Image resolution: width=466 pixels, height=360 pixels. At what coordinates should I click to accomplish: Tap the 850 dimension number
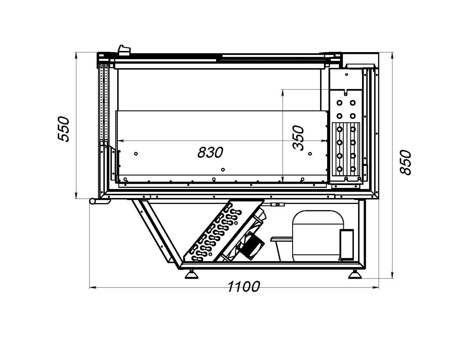tap(405, 163)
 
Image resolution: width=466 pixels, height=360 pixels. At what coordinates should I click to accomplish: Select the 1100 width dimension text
tap(243, 286)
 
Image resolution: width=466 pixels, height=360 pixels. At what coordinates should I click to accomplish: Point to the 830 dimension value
tap(210, 152)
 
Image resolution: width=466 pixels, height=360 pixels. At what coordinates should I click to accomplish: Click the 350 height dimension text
tap(298, 138)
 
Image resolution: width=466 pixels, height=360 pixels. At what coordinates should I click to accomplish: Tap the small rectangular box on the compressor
tap(347, 244)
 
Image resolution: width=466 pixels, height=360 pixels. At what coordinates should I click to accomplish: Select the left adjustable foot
tap(192, 275)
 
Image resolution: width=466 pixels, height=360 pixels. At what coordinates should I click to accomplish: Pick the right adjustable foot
tap(355, 275)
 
